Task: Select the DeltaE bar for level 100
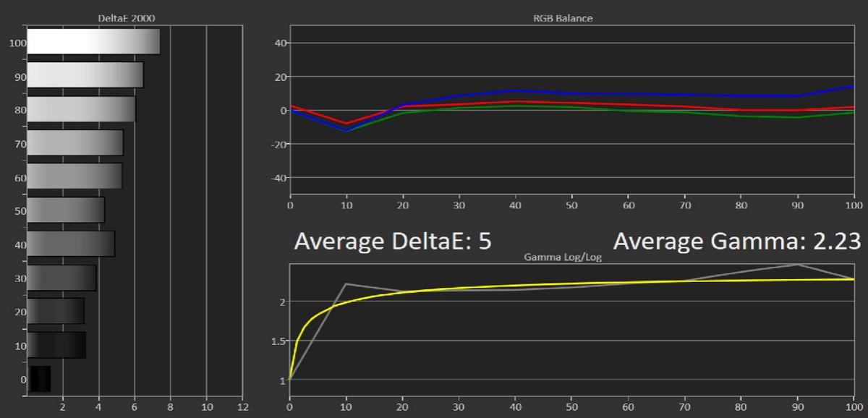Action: point(93,42)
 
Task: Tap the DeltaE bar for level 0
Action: point(39,379)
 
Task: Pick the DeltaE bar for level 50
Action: point(66,210)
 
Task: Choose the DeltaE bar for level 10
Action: point(56,345)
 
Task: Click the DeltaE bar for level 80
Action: point(81,109)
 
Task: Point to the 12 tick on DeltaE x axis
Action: point(242,406)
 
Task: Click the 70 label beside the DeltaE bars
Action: point(20,144)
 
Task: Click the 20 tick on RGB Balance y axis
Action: point(279,77)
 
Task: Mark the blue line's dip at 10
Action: point(346,131)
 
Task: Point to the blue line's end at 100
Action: point(854,86)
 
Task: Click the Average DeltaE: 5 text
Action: point(393,241)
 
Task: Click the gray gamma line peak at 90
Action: point(798,265)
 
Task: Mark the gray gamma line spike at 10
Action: point(346,283)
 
